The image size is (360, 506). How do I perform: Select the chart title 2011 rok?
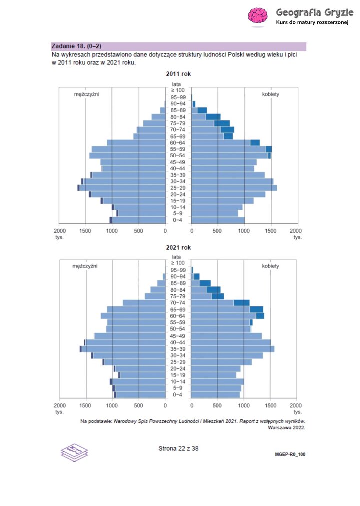178,74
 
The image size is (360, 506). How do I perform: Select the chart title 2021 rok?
178,247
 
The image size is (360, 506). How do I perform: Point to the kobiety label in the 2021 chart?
271,266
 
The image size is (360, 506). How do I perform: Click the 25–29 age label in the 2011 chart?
178,188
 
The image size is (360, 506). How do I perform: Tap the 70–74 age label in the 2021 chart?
178,303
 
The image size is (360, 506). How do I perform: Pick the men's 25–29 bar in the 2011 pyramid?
122,188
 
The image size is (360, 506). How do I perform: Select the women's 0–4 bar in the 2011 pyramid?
218,220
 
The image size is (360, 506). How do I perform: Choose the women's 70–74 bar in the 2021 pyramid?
220,303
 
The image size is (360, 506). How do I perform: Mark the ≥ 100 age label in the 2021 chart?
178,263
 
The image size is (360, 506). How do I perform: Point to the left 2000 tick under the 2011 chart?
59,231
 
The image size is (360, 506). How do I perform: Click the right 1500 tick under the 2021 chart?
270,405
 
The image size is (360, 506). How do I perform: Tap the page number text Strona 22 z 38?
178,448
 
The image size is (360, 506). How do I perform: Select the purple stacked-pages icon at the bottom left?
74,452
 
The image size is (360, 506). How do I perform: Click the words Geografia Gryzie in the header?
314,12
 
